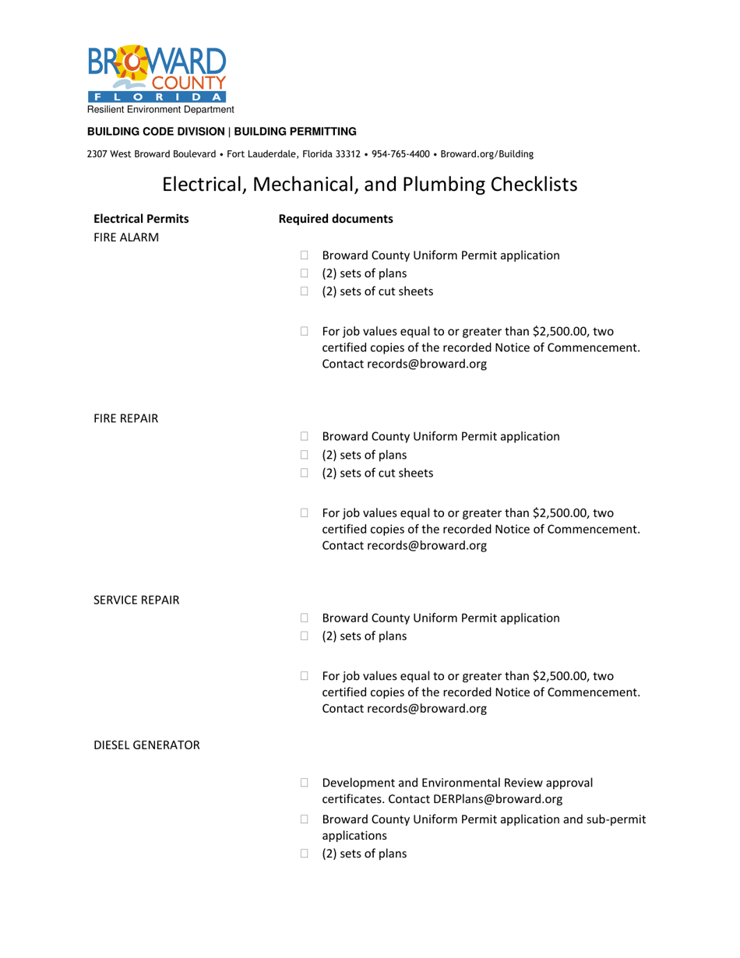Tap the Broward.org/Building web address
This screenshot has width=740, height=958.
[487, 154]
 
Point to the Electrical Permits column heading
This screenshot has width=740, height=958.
[141, 219]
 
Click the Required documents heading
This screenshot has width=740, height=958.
[336, 219]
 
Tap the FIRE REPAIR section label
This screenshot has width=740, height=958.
[126, 418]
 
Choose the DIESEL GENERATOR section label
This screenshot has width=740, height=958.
[146, 745]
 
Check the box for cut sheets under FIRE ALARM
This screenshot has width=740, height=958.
[305, 292]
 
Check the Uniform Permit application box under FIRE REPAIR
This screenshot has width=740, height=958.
[305, 436]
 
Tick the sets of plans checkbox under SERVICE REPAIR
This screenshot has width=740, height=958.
[305, 636]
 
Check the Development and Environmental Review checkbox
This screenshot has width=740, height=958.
[305, 782]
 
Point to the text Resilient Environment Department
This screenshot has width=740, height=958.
[160, 110]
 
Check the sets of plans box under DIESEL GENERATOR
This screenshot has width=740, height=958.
[305, 854]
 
